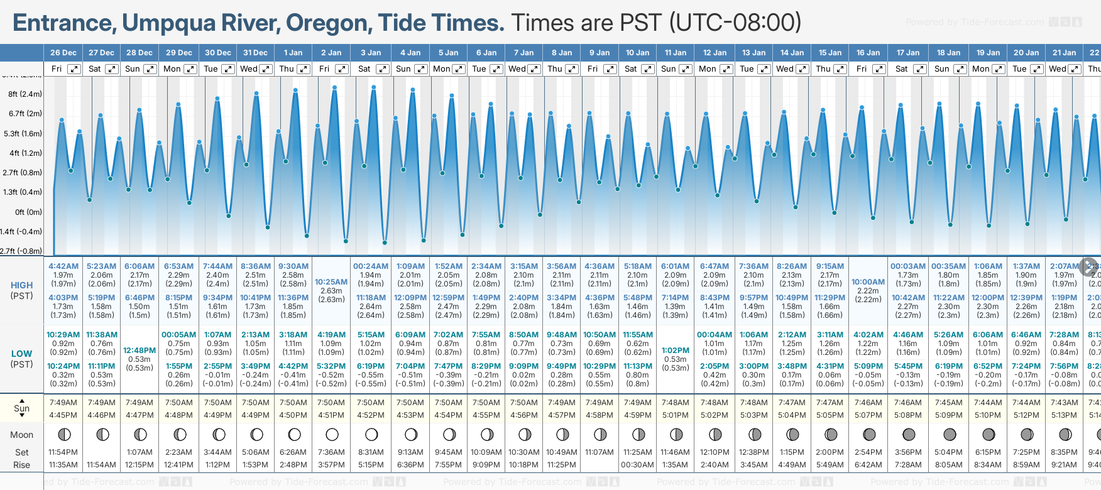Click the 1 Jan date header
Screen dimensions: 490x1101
point(293,53)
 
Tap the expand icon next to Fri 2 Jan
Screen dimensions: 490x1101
point(341,69)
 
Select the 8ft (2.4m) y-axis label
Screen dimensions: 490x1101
point(25,94)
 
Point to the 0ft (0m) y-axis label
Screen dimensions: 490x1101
point(28,212)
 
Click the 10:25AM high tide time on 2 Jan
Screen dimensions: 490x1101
point(331,282)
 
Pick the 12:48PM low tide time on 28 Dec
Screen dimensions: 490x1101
point(140,351)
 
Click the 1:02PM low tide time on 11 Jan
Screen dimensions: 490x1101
point(676,351)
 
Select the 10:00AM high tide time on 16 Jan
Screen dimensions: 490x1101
point(868,282)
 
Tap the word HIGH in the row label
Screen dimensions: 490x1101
point(22,285)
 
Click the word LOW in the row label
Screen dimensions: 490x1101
point(22,354)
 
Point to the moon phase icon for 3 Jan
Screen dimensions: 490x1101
point(371,434)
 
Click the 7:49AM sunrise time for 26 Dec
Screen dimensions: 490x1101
point(63,403)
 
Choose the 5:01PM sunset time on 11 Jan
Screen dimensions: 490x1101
point(676,415)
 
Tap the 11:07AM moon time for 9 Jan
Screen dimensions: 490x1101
point(600,452)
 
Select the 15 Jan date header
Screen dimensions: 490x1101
point(831,53)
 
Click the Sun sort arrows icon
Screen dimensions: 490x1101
point(22,408)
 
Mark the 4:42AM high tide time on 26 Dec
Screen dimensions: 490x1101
point(63,266)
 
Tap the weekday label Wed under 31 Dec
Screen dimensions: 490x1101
point(249,69)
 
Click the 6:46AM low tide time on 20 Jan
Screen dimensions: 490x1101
point(1026,335)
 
